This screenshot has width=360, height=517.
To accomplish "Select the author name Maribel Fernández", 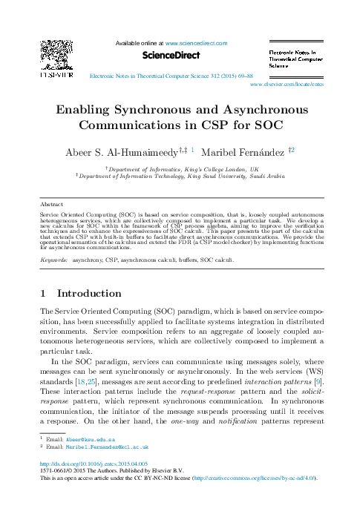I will pos(245,151).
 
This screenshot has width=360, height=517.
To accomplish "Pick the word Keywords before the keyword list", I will pos(53,262).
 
